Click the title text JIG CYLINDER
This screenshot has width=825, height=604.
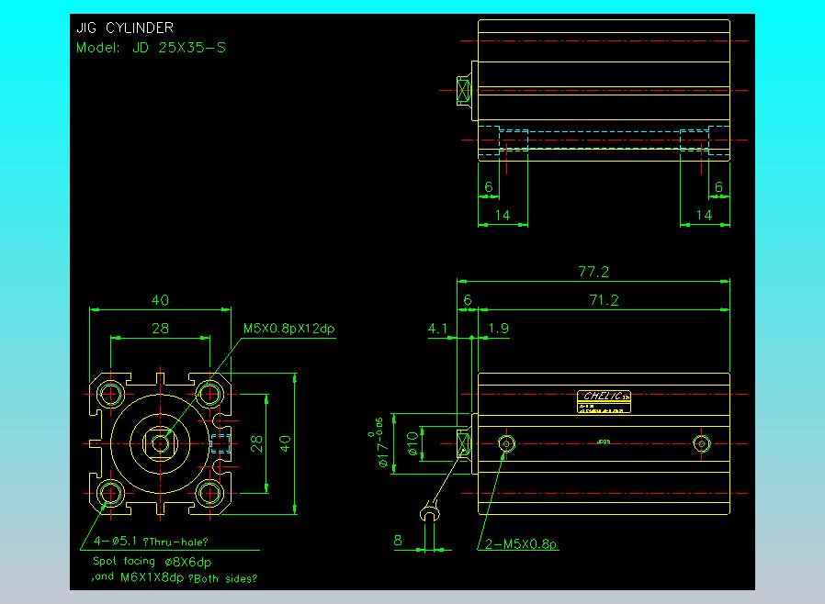coord(124,28)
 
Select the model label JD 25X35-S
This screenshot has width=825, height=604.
coord(151,48)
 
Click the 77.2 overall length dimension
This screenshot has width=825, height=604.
coord(593,272)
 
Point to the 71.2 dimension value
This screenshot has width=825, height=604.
coord(604,300)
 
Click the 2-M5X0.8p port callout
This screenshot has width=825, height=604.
coord(520,543)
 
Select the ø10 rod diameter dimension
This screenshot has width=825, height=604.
coord(412,444)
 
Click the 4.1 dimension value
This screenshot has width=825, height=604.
coord(437,328)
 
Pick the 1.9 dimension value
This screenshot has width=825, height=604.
coord(499,328)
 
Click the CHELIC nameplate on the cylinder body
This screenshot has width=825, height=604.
coord(605,397)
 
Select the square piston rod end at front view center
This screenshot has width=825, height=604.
coord(162,443)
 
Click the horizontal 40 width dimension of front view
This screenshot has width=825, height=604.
coord(160,300)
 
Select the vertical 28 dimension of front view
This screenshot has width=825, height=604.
coord(258,443)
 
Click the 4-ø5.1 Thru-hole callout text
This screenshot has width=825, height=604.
coord(152,542)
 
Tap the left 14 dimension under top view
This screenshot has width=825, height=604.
coord(502,215)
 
